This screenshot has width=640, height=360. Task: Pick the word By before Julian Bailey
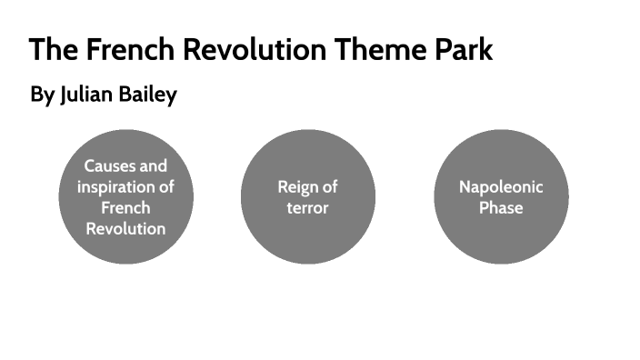43,95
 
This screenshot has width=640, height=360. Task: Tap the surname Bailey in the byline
148,95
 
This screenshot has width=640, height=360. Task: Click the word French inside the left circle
125,208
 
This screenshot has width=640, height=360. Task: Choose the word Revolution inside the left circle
125,229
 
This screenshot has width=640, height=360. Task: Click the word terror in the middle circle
307,208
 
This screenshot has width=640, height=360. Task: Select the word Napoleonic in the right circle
501,187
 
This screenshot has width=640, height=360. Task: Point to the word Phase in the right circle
501,208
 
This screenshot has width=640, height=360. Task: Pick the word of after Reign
330,187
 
